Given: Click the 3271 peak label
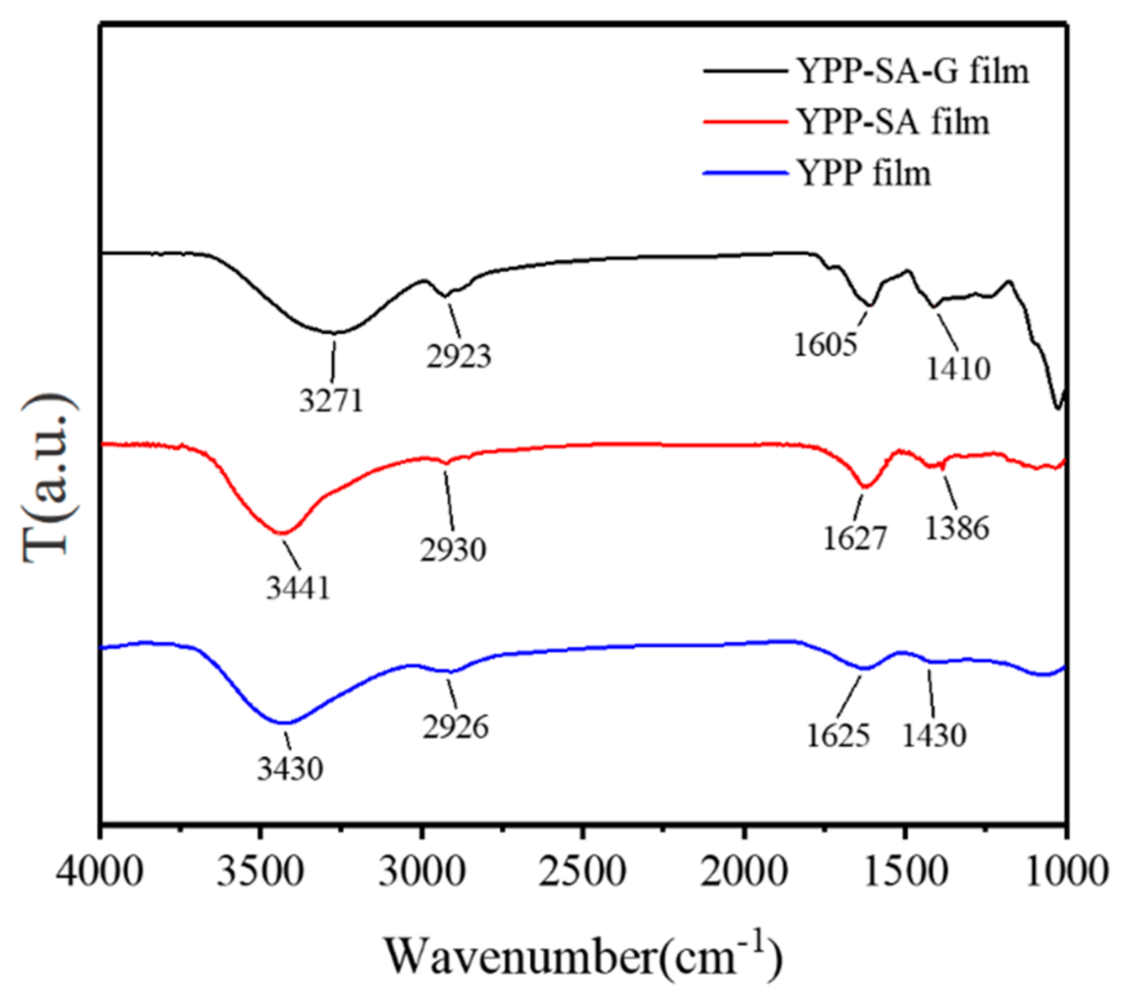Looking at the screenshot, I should point(331,401).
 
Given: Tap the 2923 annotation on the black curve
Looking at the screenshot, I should point(458,356).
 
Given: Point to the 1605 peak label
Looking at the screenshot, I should point(825,345).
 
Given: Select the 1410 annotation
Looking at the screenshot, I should point(958,369).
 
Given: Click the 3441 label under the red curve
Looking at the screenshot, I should point(299,588).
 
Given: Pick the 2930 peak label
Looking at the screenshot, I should point(453,550).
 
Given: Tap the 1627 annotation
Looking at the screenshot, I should point(855,538).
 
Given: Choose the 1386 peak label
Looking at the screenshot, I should point(956,528).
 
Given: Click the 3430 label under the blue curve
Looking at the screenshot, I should point(290,769).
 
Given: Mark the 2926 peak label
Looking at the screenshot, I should point(455,726).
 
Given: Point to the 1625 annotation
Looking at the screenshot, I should point(837,736).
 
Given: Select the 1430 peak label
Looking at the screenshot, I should point(933,736).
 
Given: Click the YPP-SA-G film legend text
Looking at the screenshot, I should point(912,71).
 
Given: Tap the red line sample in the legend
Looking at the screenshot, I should point(745,122).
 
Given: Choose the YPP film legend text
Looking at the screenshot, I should point(863,173).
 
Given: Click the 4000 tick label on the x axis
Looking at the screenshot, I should point(100,871).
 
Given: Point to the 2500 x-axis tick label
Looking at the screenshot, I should point(582,871).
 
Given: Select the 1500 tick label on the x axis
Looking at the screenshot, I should point(904,871).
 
